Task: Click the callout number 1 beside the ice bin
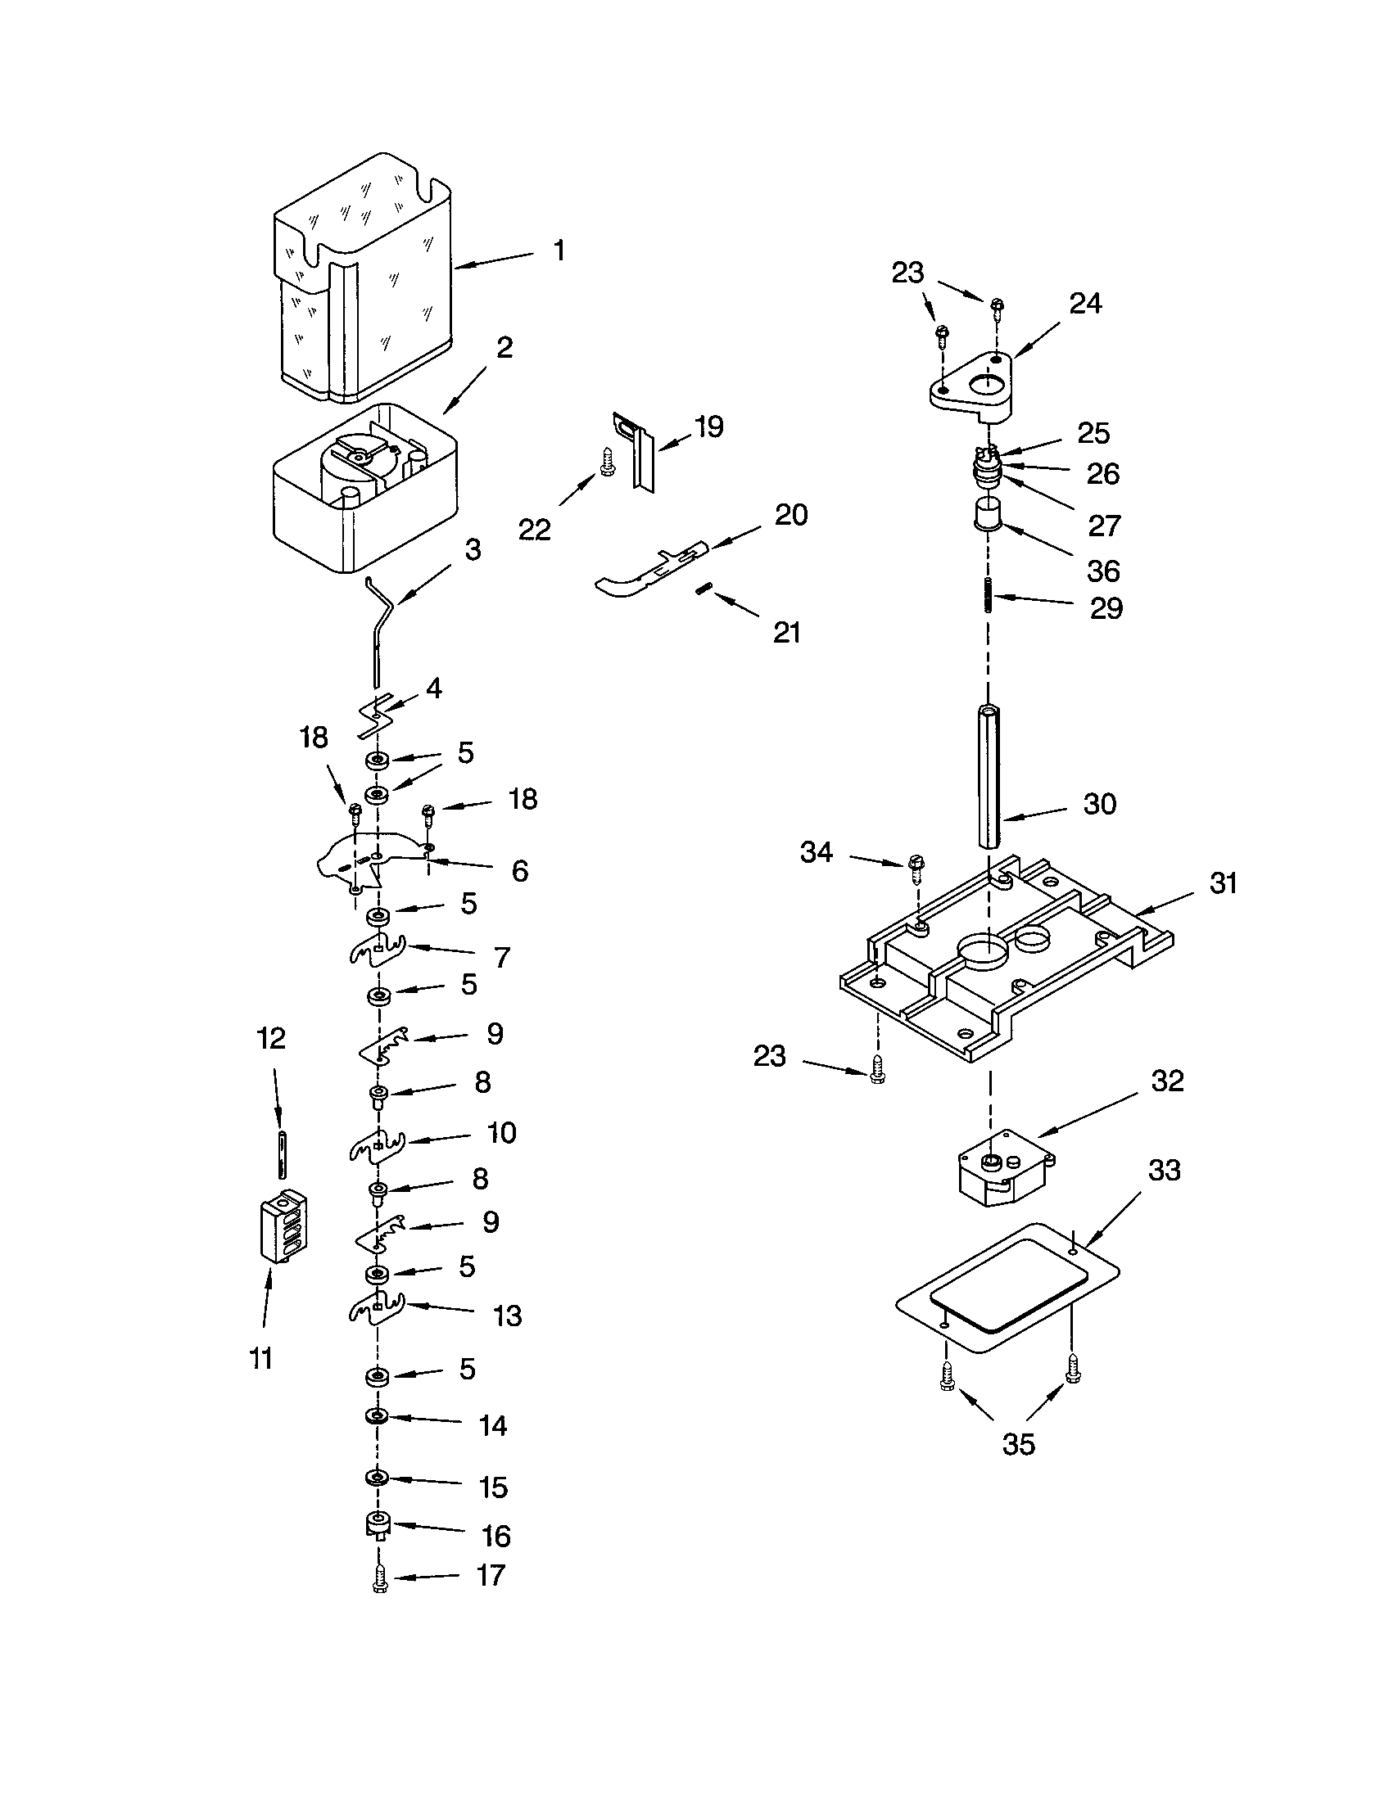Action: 559,251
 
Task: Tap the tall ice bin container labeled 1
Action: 363,280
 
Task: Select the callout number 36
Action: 1104,571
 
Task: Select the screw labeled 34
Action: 916,865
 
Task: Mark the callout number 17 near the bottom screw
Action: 491,1575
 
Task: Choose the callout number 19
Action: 708,427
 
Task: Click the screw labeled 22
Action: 608,463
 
